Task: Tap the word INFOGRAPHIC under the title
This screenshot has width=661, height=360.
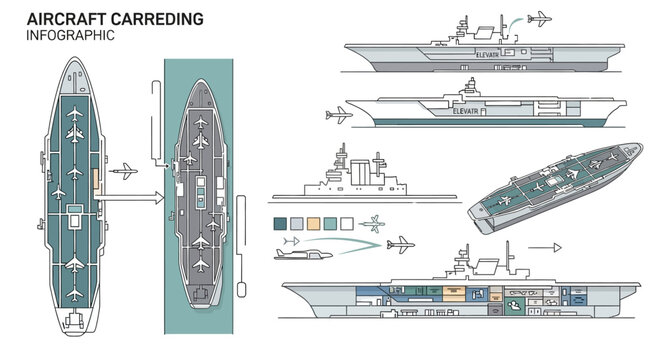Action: pyautogui.click(x=71, y=35)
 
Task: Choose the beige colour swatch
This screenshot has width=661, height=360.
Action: pyautogui.click(x=313, y=223)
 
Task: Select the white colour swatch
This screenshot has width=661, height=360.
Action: pyautogui.click(x=347, y=223)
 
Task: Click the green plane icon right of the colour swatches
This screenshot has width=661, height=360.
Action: pyautogui.click(x=374, y=222)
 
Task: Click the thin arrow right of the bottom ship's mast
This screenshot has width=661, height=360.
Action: pyautogui.click(x=544, y=245)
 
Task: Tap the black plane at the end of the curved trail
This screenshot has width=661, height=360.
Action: pyautogui.click(x=401, y=242)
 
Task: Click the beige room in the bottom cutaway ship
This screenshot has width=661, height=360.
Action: pyautogui.click(x=455, y=294)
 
